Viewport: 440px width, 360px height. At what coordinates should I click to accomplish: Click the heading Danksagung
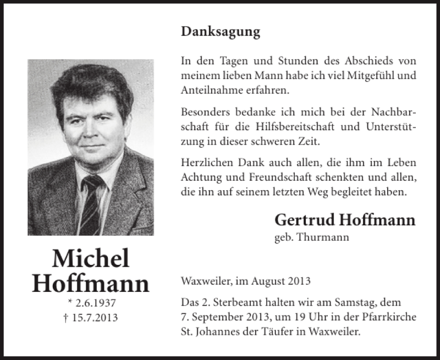[x=220, y=32]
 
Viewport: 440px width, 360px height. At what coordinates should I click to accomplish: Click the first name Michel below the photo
[x=91, y=259]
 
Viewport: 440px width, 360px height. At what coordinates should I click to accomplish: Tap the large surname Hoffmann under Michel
[x=91, y=283]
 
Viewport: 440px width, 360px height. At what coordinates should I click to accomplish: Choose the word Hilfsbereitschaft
[x=284, y=126]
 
